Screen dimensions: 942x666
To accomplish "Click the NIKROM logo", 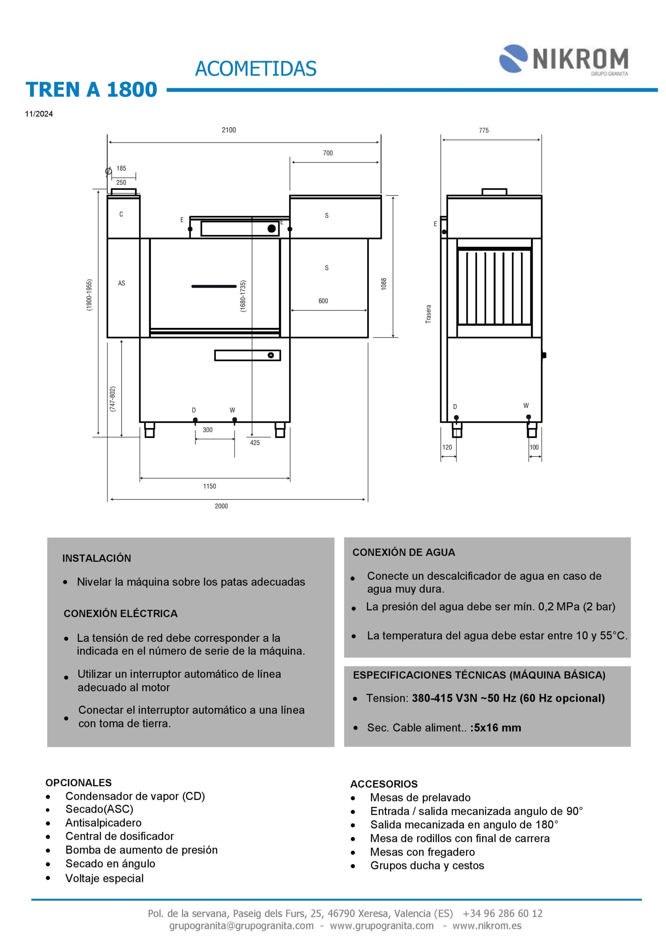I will [x=563, y=60].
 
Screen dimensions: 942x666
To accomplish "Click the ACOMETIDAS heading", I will [x=256, y=69].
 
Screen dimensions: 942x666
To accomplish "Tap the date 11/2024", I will [x=39, y=114].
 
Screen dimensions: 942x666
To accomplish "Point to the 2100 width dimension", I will [x=229, y=130].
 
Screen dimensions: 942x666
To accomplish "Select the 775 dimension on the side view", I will [x=484, y=131].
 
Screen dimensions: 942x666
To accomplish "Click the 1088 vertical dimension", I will [x=384, y=284].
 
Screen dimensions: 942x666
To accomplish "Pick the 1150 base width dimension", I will [x=210, y=486].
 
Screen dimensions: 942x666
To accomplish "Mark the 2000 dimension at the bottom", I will [x=221, y=506].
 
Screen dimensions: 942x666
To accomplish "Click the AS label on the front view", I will [x=121, y=283].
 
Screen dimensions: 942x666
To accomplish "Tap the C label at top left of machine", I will [x=121, y=214].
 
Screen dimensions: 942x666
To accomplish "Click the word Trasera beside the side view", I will [x=428, y=314].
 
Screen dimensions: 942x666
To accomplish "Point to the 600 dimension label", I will [x=323, y=301].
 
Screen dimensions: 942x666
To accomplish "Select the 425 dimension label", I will [x=255, y=443].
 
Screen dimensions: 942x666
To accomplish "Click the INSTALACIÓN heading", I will [x=97, y=558].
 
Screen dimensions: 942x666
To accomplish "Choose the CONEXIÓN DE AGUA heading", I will [x=403, y=552].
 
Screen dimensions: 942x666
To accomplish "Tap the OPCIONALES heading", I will [x=78, y=782].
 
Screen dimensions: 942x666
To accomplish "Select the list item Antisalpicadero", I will [x=103, y=823].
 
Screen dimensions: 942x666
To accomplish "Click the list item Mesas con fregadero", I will [x=423, y=852].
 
